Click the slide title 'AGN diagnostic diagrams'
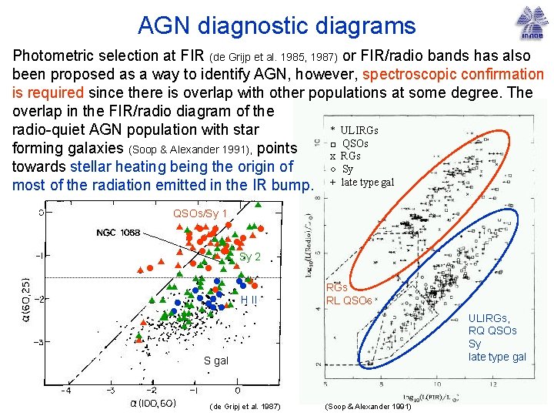pos(276,25)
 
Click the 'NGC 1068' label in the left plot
pos(118,233)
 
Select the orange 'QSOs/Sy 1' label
pos(200,213)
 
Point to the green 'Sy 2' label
pos(251,257)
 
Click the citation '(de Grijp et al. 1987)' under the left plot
pos(244,406)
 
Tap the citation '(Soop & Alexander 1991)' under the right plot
pos(369,406)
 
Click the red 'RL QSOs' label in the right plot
pos(349,300)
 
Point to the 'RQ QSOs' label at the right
pos(492,330)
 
